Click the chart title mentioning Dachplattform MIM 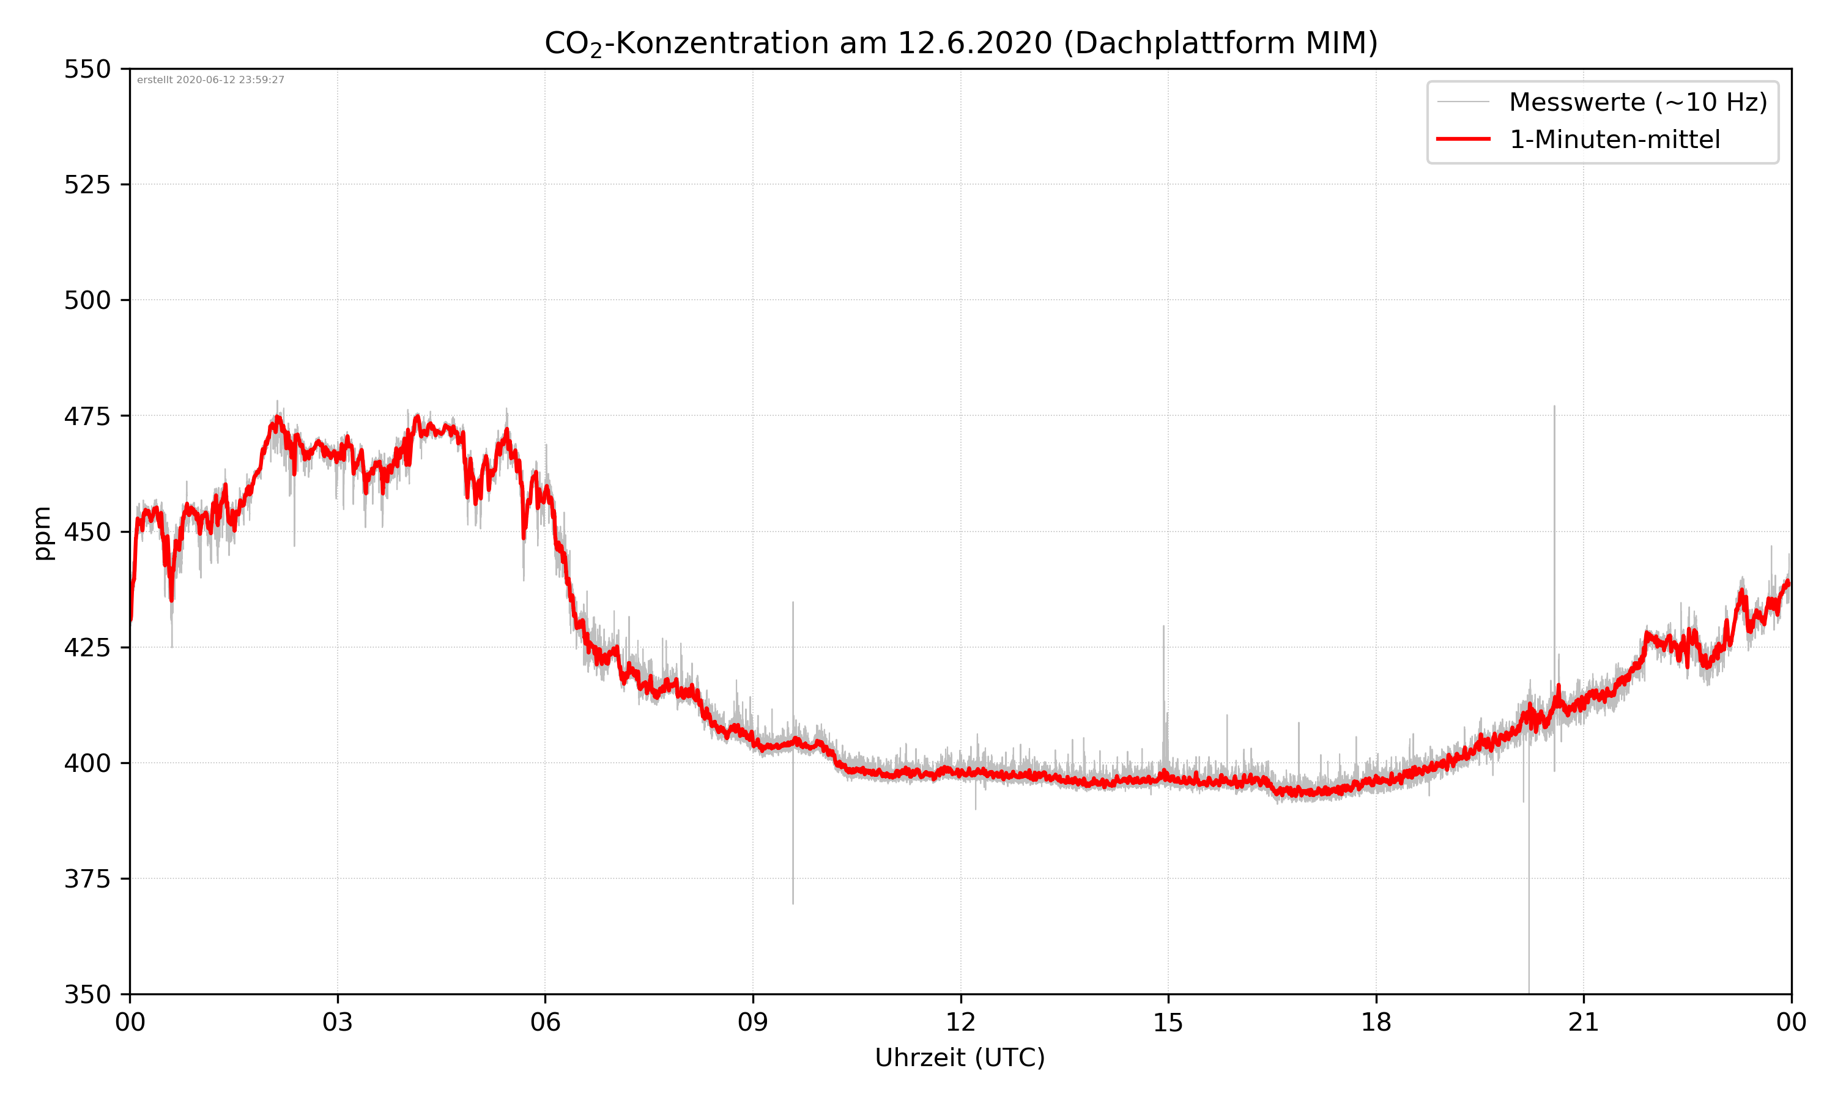click(x=960, y=43)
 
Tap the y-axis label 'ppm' click(x=42, y=533)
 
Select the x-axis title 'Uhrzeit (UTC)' click(x=960, y=1057)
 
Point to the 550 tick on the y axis click(x=87, y=69)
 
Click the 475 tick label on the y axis click(x=87, y=416)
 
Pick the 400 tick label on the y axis click(x=87, y=763)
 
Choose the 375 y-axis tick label click(x=87, y=879)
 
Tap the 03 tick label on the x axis click(x=338, y=1022)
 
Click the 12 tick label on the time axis click(x=960, y=1022)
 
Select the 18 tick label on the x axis click(x=1376, y=1022)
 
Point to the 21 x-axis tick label click(x=1584, y=1022)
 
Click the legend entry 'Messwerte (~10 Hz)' click(x=1637, y=102)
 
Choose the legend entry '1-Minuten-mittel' click(x=1614, y=139)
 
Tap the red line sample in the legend click(x=1462, y=139)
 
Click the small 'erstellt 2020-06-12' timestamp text click(x=210, y=80)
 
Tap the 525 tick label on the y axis click(x=87, y=185)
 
